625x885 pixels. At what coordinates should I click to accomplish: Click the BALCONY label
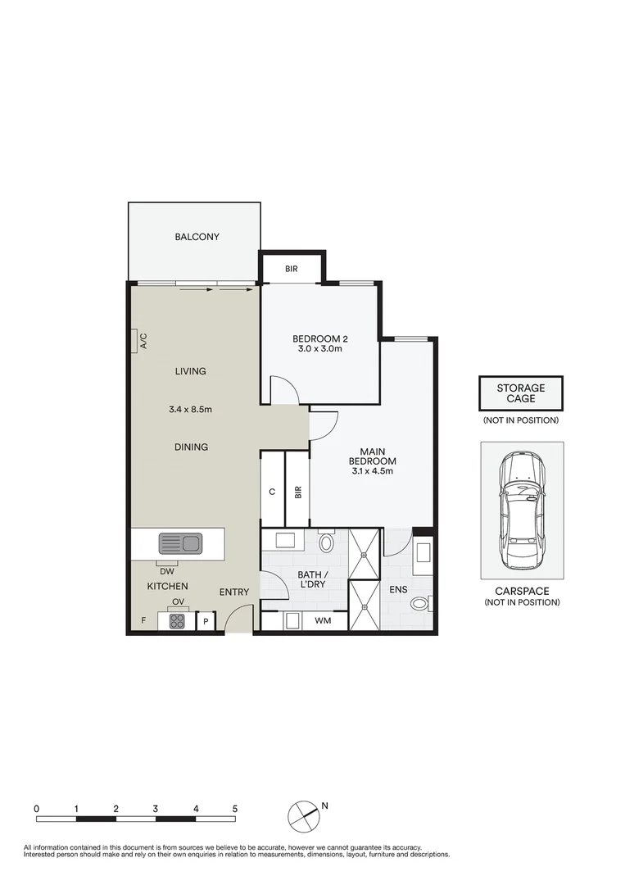tap(197, 237)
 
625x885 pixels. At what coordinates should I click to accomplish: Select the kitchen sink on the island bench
tap(180, 542)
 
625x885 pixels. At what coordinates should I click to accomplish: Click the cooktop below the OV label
tap(178, 621)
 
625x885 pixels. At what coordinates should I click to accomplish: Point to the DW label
tap(167, 571)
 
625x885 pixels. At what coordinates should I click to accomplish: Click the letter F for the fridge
tap(143, 621)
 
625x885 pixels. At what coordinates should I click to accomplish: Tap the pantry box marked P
tap(206, 622)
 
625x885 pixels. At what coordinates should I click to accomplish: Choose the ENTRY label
tap(234, 592)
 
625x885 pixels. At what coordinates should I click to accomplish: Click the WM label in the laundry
tap(324, 621)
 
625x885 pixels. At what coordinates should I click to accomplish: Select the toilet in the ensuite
tap(419, 605)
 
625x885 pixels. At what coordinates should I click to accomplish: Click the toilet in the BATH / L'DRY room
tap(326, 542)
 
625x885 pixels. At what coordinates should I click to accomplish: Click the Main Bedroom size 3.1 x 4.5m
tap(373, 471)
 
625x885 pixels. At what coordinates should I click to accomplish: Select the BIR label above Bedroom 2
tap(292, 269)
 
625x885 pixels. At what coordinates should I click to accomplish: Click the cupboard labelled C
tap(272, 492)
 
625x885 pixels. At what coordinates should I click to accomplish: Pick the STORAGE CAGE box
tap(521, 393)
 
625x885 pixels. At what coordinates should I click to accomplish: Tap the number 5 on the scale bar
tap(235, 808)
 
